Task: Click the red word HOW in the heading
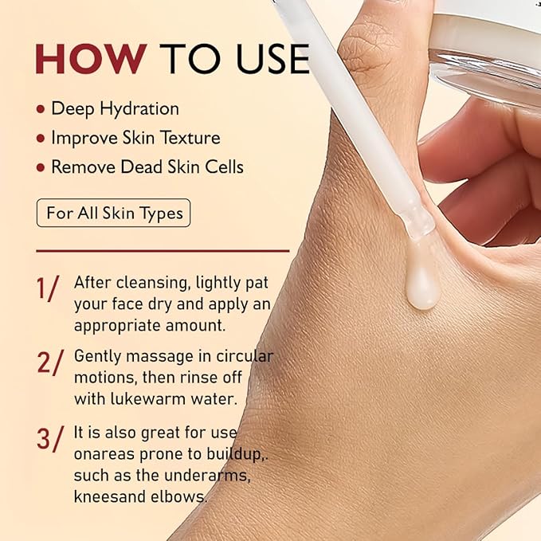pos(90,60)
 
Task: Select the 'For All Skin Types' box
pos(114,213)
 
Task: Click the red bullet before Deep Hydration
pos(40,109)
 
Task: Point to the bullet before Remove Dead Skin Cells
pos(40,167)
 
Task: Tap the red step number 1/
pos(48,288)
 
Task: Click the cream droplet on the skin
pos(421,288)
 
